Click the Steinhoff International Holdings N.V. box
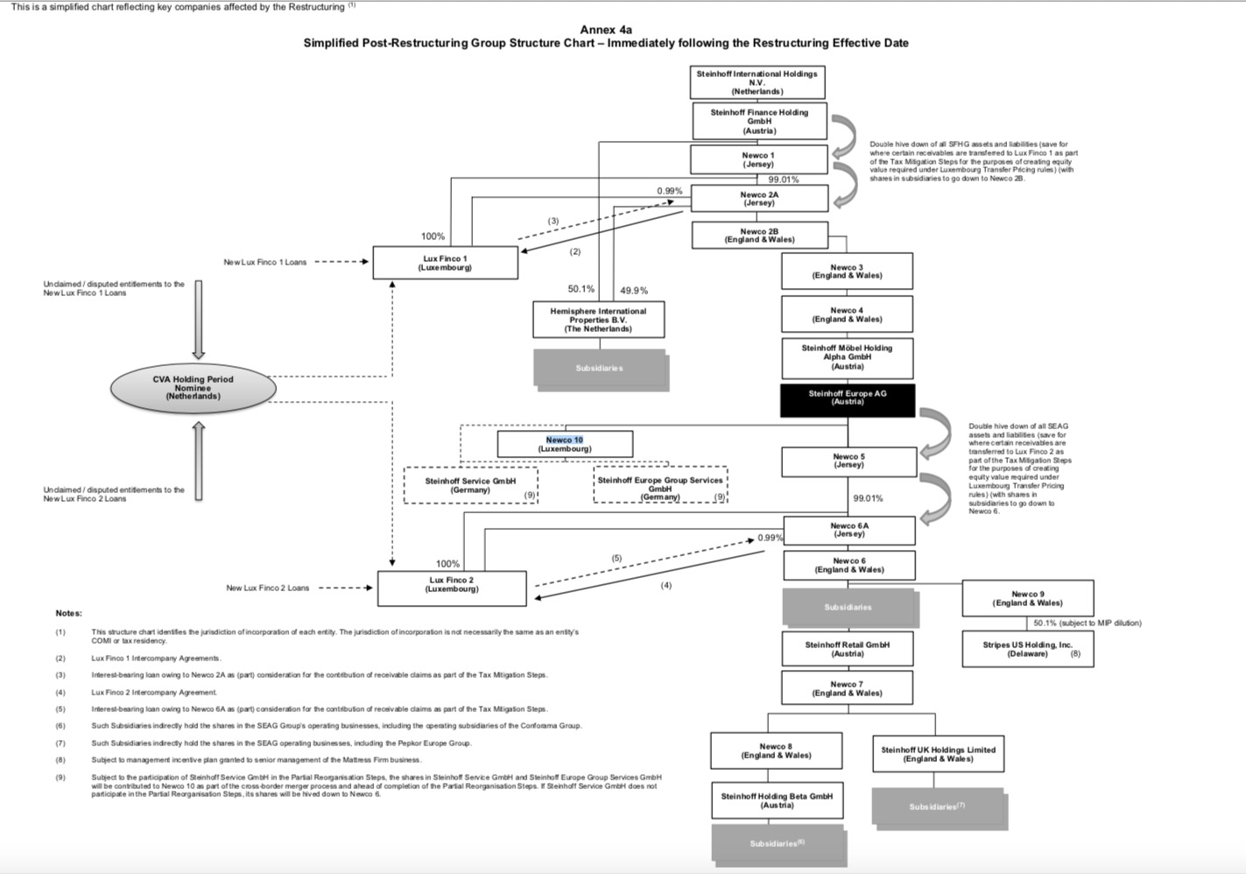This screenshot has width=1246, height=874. coord(757,82)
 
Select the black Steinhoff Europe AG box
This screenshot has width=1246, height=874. coord(847,398)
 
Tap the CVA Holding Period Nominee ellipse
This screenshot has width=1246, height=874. coord(193,388)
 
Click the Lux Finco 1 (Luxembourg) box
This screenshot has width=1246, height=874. coord(445,263)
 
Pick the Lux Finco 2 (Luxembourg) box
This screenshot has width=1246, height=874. coord(452,588)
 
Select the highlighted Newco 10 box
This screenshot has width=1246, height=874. coord(565,444)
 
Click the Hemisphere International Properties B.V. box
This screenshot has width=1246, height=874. coord(598,320)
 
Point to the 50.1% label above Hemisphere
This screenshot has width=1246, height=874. coord(581,289)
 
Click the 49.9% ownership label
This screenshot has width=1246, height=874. coord(634,291)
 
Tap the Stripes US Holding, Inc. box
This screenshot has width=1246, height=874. coord(1027,649)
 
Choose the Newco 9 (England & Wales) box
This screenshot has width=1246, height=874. coord(1027,598)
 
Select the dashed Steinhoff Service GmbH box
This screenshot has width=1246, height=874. coord(470,485)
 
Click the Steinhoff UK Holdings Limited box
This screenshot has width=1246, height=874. coord(938,754)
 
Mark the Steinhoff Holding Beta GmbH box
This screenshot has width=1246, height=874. coord(777,800)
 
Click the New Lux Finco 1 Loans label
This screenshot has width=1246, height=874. coord(264,262)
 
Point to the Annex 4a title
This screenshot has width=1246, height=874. coord(606,30)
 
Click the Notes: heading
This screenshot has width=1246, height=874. coord(68,613)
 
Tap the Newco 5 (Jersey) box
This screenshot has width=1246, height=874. coord(848,461)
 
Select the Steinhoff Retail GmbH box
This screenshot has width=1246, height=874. coord(847,649)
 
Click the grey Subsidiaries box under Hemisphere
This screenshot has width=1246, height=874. coord(600,368)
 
